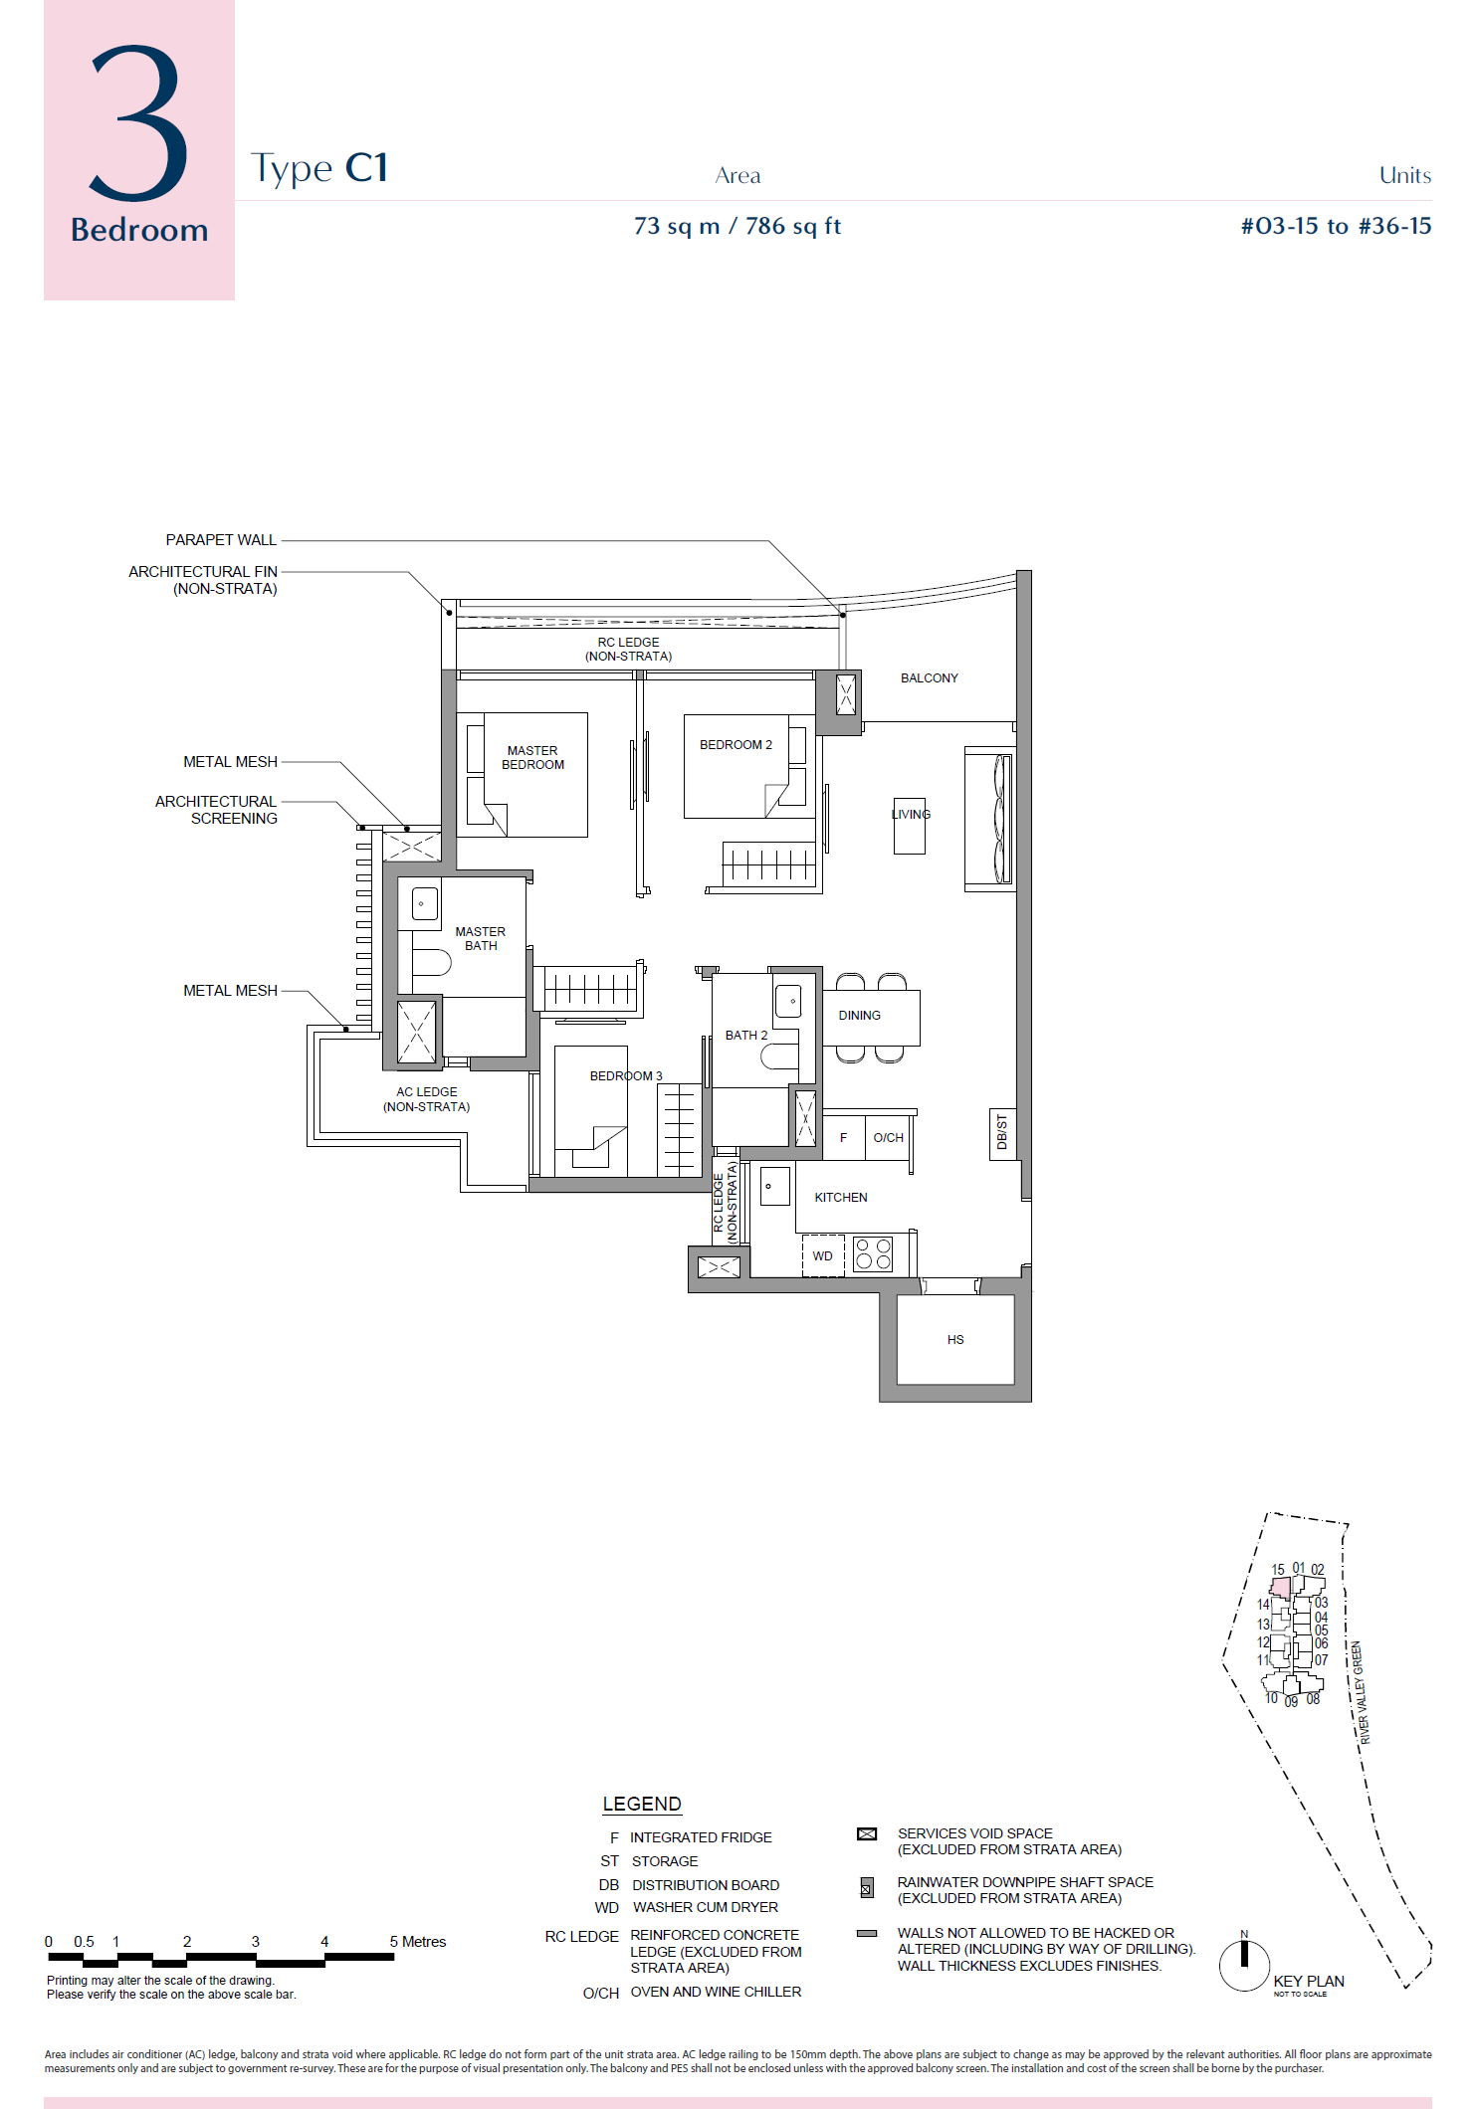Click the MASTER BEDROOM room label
(532, 758)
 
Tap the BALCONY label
(930, 678)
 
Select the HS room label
(955, 1340)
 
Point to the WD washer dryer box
(823, 1255)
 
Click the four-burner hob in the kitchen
(873, 1253)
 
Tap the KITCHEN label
(841, 1198)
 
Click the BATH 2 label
(746, 1036)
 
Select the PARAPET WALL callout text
(221, 540)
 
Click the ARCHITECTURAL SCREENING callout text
(217, 810)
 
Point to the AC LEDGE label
(427, 1099)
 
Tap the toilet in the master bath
(431, 962)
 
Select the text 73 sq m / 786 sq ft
(737, 227)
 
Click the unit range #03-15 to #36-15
(1336, 227)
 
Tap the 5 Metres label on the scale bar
(418, 1942)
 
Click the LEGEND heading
(642, 1805)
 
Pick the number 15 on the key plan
(1278, 1570)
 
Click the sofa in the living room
(990, 819)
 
